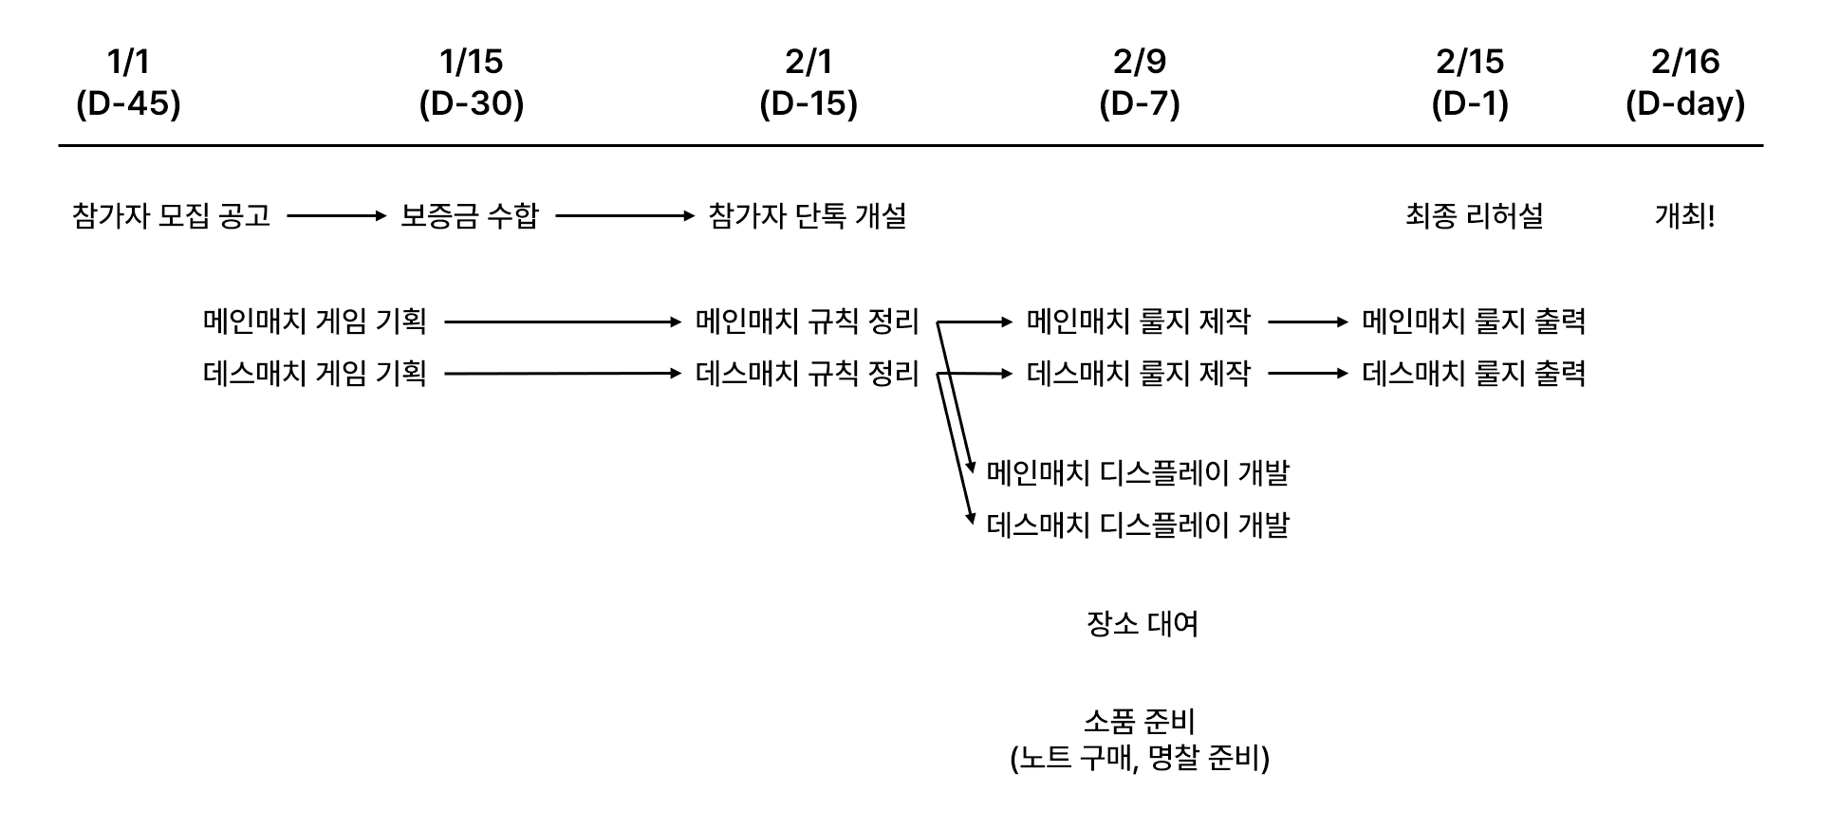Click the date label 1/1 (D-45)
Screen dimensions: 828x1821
point(128,83)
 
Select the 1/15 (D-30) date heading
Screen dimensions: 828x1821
point(472,83)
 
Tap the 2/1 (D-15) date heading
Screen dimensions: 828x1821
point(808,83)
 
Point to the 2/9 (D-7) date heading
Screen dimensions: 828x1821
point(1140,83)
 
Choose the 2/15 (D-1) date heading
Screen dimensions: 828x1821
point(1470,83)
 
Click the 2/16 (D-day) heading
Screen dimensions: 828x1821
point(1685,83)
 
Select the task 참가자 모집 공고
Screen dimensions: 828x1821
point(172,216)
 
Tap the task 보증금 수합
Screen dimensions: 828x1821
point(470,216)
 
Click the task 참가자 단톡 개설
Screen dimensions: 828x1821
point(808,216)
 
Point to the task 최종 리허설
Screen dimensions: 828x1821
point(1474,216)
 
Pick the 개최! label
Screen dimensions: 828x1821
point(1684,216)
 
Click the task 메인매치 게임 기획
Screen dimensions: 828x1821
point(315,322)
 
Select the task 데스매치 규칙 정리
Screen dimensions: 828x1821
point(808,373)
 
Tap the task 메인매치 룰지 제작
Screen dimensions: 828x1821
point(1139,322)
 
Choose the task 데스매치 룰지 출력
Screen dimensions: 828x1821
point(1474,373)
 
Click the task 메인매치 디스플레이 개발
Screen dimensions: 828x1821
point(1139,472)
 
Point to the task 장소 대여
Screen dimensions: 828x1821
point(1143,623)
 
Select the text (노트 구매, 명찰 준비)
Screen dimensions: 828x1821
point(1140,758)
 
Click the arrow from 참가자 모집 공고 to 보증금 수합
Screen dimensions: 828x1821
point(337,216)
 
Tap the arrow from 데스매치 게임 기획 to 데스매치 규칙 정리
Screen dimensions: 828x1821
point(563,374)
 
